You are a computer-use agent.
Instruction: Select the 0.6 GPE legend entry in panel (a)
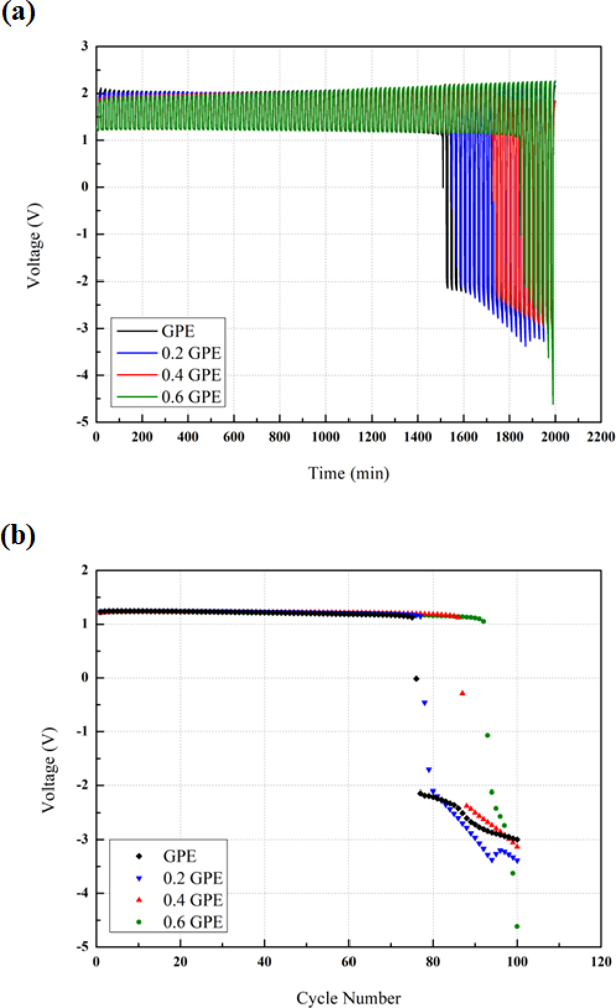(x=191, y=396)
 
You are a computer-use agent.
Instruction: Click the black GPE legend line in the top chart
(x=137, y=331)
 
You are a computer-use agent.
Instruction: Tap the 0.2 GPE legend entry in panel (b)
(x=193, y=878)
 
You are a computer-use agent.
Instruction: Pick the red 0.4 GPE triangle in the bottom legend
(x=139, y=900)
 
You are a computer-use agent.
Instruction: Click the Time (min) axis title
(x=349, y=474)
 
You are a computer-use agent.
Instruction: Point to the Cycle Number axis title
(x=349, y=998)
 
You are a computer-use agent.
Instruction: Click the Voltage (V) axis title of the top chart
(x=34, y=245)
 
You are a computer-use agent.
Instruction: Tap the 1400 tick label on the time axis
(x=417, y=437)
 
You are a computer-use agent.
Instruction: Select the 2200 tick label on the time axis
(x=601, y=437)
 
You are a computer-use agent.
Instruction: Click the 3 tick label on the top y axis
(x=84, y=46)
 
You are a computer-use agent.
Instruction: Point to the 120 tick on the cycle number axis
(x=601, y=962)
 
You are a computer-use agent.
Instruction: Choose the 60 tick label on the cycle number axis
(x=349, y=962)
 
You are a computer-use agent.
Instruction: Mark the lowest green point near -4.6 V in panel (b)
(x=517, y=926)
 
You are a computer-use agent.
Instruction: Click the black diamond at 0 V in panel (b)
(x=416, y=679)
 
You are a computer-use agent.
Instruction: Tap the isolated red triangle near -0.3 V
(x=462, y=693)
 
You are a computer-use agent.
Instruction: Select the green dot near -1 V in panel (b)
(x=487, y=736)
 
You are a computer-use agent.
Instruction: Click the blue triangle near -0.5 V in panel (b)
(x=425, y=703)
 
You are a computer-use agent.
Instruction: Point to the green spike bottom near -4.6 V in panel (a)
(x=553, y=404)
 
